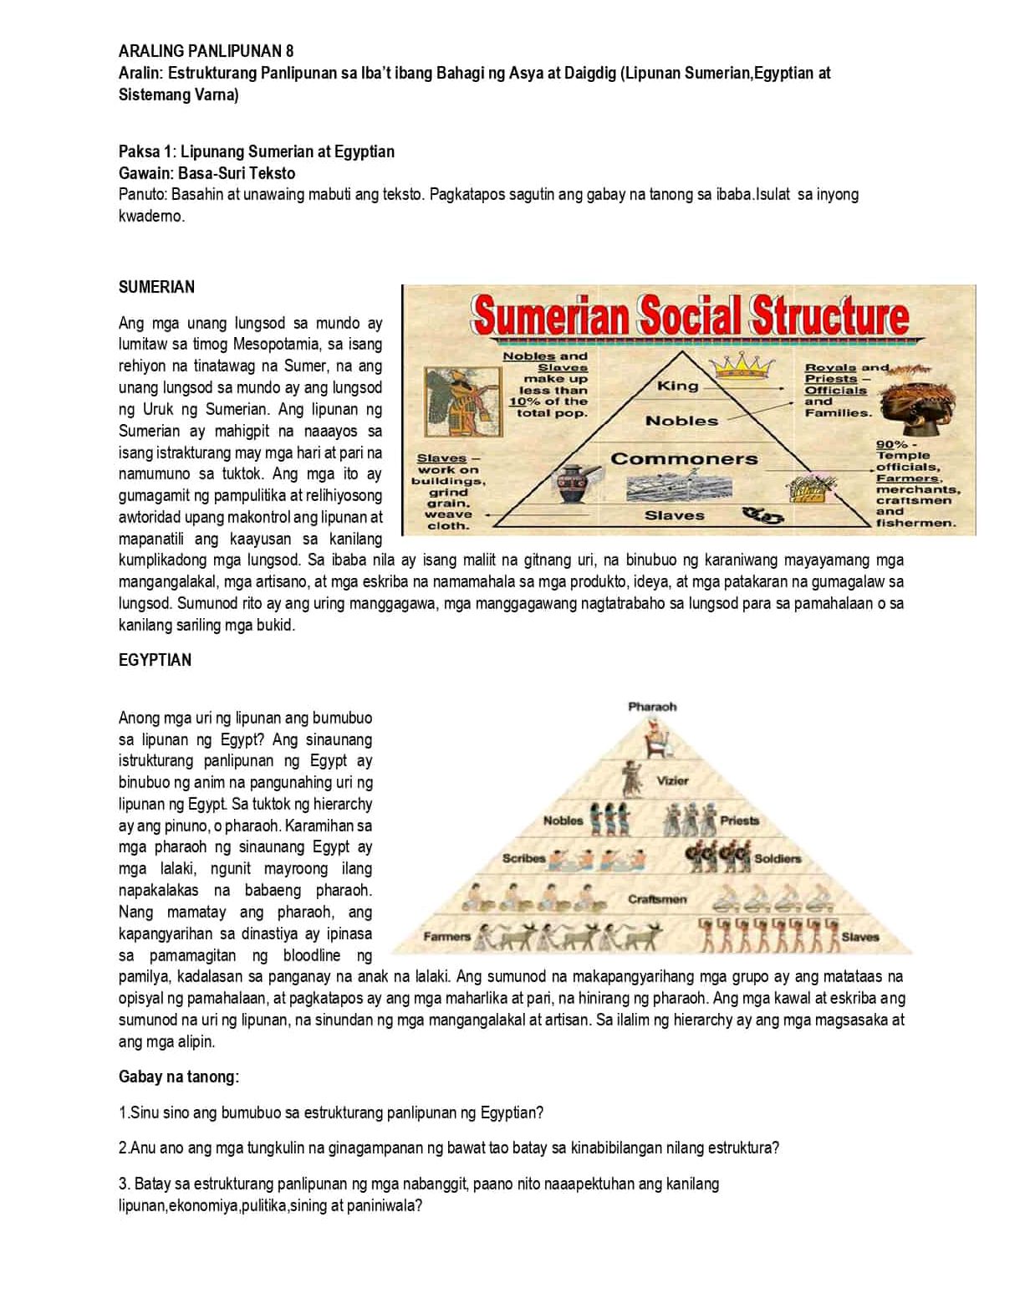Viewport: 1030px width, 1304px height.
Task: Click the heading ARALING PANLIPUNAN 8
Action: pyautogui.click(x=206, y=51)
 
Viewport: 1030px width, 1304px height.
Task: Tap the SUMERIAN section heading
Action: pyautogui.click(x=156, y=287)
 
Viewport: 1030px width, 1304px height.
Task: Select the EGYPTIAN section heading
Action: pyautogui.click(x=155, y=660)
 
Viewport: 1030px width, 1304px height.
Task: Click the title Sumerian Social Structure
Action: pyautogui.click(x=690, y=315)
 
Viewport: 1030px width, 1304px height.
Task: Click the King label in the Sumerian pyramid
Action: pyautogui.click(x=677, y=386)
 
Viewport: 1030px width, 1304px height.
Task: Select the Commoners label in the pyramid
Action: pyautogui.click(x=684, y=458)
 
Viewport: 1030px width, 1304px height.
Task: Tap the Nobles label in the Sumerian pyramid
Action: pyautogui.click(x=681, y=421)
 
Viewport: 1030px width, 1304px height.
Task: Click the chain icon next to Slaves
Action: pyautogui.click(x=764, y=515)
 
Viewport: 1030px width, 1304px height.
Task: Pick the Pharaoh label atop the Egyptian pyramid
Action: pyautogui.click(x=652, y=707)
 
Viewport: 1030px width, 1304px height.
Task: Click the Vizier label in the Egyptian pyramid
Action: pyautogui.click(x=673, y=780)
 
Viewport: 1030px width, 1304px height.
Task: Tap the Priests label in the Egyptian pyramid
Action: pyautogui.click(x=739, y=821)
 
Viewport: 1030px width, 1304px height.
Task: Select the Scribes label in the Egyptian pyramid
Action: pyautogui.click(x=523, y=858)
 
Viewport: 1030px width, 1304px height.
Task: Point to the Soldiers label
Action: pyautogui.click(x=778, y=858)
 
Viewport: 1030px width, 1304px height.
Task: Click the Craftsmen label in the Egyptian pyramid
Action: pyautogui.click(x=657, y=899)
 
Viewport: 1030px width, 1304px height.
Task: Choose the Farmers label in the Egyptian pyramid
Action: pyautogui.click(x=446, y=936)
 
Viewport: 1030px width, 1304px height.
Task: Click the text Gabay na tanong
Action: pyautogui.click(x=178, y=1076)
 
